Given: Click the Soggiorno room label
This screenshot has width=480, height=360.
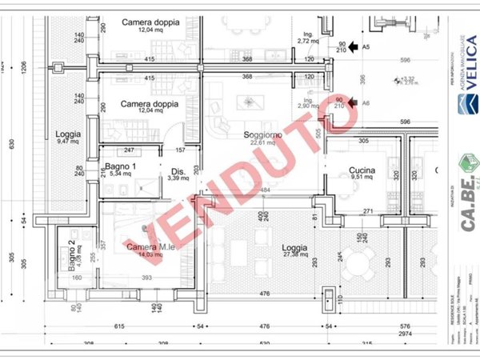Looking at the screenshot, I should click(x=263, y=135).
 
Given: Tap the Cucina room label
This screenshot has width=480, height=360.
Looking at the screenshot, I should click(x=362, y=170).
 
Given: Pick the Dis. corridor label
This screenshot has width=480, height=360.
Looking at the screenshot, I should click(x=178, y=171).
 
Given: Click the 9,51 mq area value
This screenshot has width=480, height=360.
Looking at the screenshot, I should click(x=362, y=179).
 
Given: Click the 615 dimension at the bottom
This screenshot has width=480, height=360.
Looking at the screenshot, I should click(x=118, y=326).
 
